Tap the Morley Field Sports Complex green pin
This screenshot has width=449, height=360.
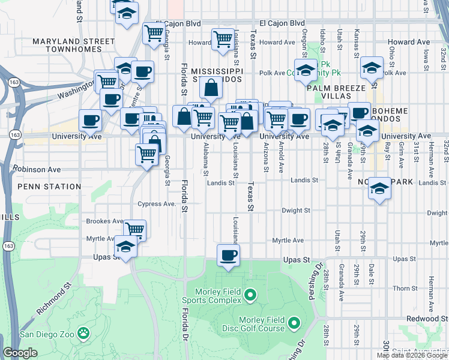[x=250, y=295]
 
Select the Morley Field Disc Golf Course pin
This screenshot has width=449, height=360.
[x=294, y=324]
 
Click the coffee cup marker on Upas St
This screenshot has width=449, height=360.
[x=228, y=254]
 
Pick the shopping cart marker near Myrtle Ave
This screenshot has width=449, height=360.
[x=135, y=229]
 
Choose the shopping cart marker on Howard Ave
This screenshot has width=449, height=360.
[x=222, y=38]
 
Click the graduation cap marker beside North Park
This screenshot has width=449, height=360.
[x=379, y=188]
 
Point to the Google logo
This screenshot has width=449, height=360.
[x=20, y=353]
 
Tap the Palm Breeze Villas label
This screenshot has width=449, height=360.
[x=336, y=92]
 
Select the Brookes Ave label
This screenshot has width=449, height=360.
[x=105, y=221]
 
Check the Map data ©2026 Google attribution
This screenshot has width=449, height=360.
[x=412, y=355]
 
